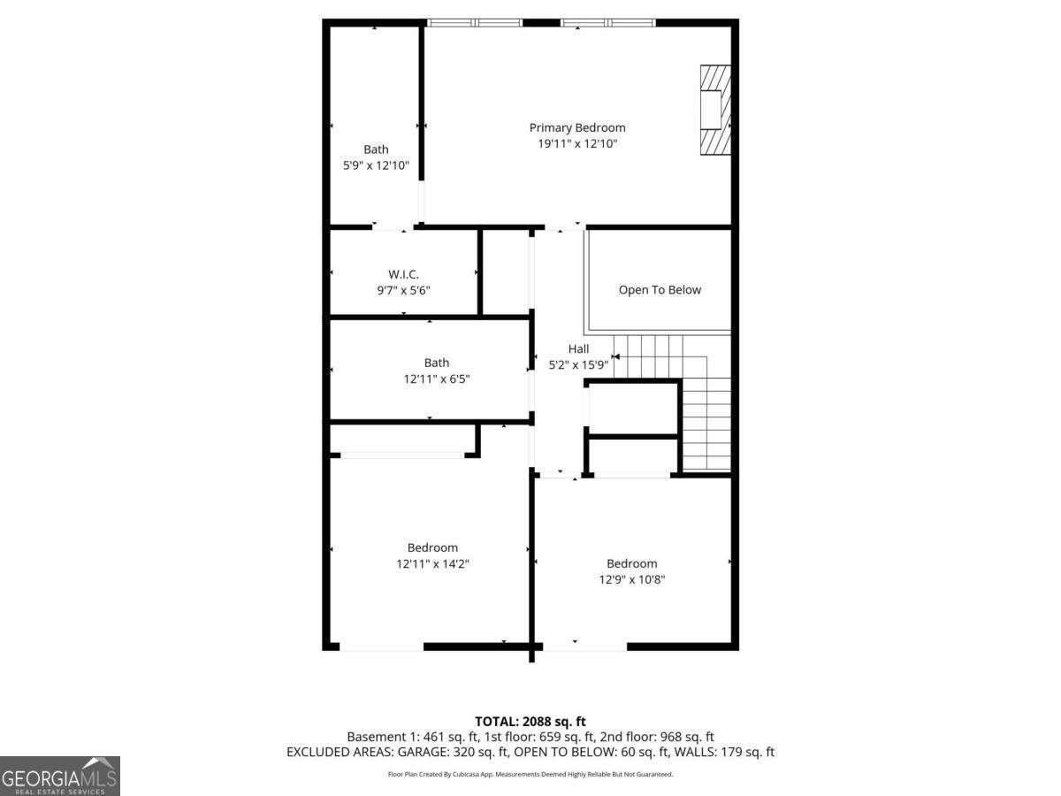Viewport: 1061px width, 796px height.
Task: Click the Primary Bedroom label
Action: [x=576, y=127]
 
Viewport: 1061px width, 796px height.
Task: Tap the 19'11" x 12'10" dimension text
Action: [x=576, y=143]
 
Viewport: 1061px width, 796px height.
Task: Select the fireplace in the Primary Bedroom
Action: [x=716, y=111]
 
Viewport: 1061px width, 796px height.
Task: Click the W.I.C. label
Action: [x=403, y=274]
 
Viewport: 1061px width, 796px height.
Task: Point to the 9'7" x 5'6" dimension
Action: [x=403, y=290]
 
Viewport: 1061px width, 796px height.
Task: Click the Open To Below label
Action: [x=660, y=290]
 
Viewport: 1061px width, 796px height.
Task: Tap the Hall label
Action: [x=578, y=348]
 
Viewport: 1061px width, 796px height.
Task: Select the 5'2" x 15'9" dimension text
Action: [x=578, y=364]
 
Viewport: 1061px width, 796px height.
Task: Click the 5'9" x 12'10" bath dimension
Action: [x=376, y=165]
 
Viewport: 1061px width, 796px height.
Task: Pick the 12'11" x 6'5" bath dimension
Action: [x=436, y=379]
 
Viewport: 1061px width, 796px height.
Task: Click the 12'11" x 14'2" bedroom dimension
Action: [x=432, y=563]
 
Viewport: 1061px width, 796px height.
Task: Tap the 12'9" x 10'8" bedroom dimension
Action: [x=631, y=579]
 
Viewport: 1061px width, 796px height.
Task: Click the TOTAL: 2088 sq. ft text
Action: [x=530, y=721]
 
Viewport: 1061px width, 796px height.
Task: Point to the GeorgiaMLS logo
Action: [x=59, y=776]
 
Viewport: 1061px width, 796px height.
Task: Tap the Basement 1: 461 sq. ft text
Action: [x=408, y=736]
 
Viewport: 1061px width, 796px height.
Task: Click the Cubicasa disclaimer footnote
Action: [x=530, y=774]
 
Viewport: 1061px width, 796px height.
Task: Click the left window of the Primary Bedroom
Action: [x=475, y=22]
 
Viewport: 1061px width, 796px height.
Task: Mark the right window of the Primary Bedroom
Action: [x=608, y=22]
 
